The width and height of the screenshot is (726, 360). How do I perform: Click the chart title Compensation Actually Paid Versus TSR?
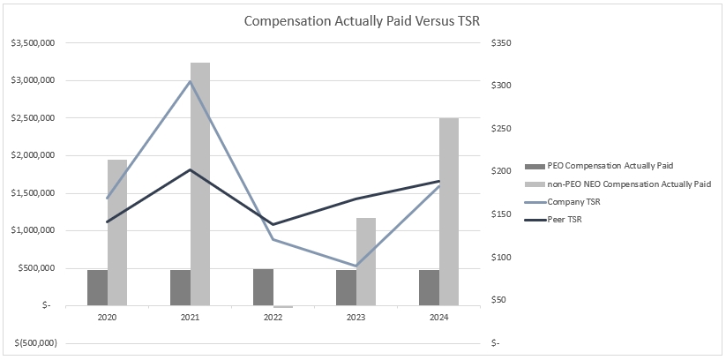[363, 21]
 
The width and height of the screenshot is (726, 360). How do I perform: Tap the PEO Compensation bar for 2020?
[97, 288]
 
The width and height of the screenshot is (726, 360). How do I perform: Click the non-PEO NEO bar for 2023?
[366, 261]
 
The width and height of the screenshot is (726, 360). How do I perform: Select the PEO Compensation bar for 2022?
[264, 288]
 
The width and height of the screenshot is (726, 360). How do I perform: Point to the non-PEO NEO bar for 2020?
[117, 233]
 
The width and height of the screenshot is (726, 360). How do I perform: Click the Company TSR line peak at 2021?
[191, 82]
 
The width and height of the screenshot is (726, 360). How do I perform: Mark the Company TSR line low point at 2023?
[356, 266]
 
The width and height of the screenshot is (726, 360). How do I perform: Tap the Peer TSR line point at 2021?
[191, 169]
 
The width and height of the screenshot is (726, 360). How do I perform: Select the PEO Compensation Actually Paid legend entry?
[605, 166]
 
